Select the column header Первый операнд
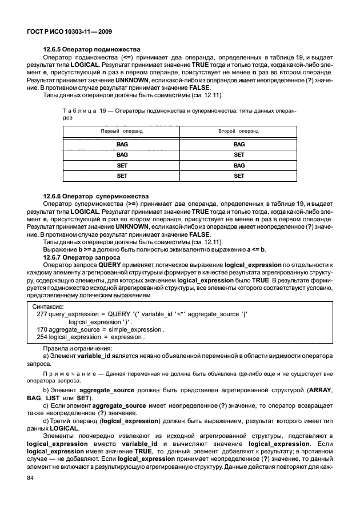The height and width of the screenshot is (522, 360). pyautogui.click(x=122, y=132)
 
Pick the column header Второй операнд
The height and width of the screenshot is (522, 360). pyautogui.click(x=238, y=132)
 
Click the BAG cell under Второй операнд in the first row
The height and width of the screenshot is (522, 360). pyautogui.click(x=239, y=145)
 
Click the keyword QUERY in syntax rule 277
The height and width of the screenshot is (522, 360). pyautogui.click(x=117, y=314)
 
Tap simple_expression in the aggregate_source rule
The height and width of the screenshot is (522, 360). pyautogui.click(x=136, y=330)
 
